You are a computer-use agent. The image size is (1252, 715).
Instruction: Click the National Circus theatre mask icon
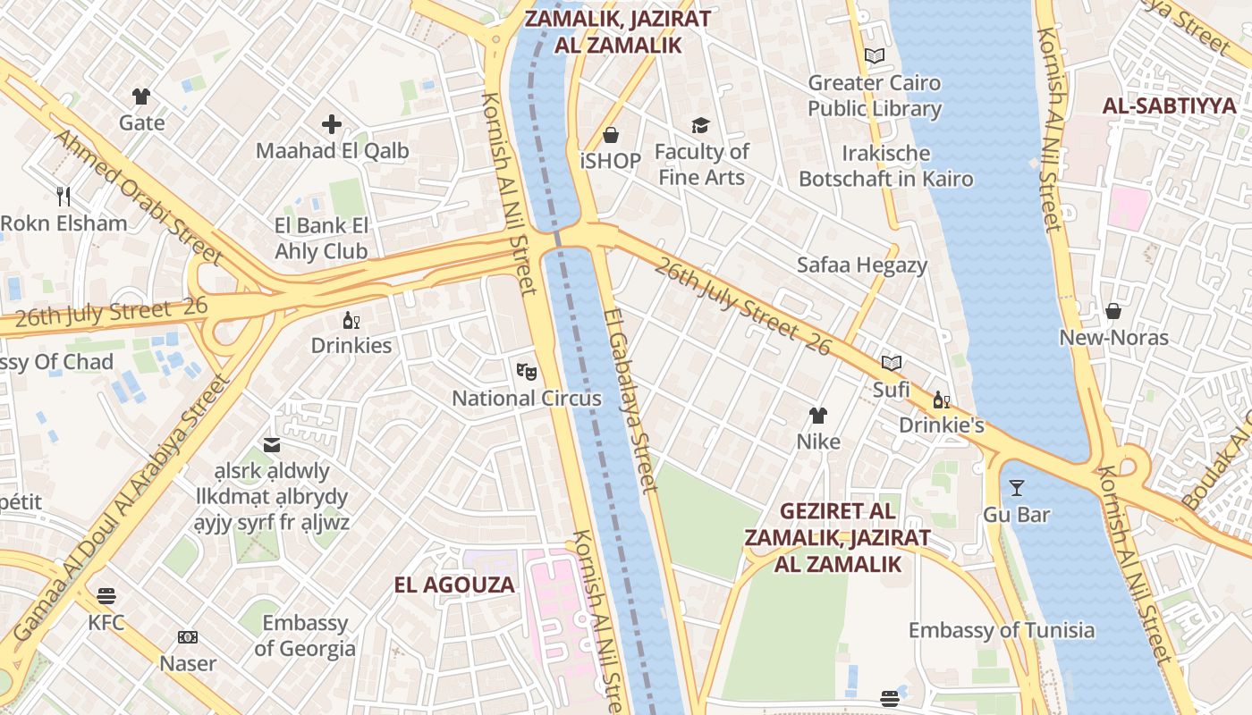click(525, 369)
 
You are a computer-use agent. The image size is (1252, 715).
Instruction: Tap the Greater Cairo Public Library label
click(874, 96)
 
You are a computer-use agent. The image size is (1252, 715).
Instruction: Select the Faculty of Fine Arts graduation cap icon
click(700, 125)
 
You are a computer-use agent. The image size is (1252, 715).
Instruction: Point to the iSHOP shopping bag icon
click(611, 135)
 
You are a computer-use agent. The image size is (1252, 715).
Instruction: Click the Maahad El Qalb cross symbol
click(332, 124)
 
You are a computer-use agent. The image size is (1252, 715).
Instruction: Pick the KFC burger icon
click(106, 595)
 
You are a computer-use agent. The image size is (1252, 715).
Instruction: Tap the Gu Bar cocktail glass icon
click(1016, 488)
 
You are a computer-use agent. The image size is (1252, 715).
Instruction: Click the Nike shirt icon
click(818, 415)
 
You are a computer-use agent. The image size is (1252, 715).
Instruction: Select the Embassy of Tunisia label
click(1001, 630)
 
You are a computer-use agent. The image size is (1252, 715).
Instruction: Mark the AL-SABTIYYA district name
click(1169, 105)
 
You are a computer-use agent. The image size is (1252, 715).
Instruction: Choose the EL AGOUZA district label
click(454, 585)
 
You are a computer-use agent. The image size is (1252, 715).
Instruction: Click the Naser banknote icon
click(188, 637)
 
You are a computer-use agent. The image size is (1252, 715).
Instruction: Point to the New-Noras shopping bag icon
click(1113, 311)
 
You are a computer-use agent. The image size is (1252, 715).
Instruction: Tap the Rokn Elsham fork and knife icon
click(63, 196)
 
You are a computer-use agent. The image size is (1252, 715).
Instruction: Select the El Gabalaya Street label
click(630, 400)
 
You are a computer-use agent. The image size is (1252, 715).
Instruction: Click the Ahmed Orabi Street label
click(138, 197)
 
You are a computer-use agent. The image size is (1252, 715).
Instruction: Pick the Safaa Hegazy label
click(861, 265)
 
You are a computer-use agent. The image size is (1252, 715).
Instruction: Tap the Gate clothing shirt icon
click(141, 97)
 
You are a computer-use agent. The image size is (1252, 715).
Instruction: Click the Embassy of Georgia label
click(304, 635)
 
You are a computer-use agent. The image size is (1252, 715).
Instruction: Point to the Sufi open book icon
click(891, 363)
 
